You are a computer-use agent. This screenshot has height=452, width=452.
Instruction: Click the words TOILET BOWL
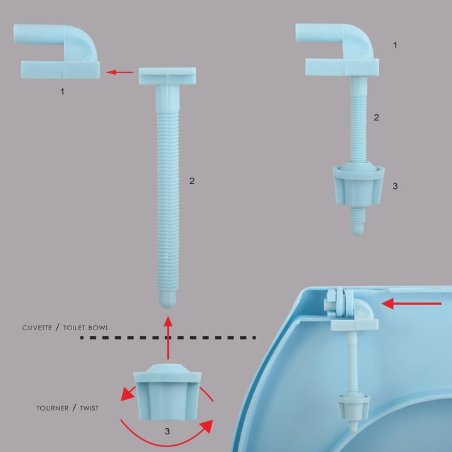pos(86,328)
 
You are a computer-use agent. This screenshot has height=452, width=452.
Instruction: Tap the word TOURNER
pos(53,408)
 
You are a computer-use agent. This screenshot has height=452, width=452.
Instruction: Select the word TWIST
pos(89,408)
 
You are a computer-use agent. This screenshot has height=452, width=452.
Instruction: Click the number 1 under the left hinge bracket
pos(62,92)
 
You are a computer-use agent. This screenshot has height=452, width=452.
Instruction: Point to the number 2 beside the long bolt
pos(191,181)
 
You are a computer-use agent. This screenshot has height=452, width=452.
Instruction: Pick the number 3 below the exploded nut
pos(167,431)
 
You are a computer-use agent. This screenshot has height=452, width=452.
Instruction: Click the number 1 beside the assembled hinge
pos(395,45)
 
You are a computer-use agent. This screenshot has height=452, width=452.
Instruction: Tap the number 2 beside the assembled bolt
pos(376,117)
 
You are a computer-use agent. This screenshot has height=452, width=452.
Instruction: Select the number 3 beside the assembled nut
pos(395,186)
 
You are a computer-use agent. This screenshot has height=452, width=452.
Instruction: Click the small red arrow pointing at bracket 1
pos(119,72)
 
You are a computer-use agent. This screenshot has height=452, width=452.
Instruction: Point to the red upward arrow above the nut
pos(168,338)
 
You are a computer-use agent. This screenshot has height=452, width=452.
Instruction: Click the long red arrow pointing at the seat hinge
pos(411,304)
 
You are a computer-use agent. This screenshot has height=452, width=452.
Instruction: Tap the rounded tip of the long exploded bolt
pos(168,300)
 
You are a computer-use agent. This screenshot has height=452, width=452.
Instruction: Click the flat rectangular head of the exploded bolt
pos(167,76)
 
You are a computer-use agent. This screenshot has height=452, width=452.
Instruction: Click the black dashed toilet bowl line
pos(168,337)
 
